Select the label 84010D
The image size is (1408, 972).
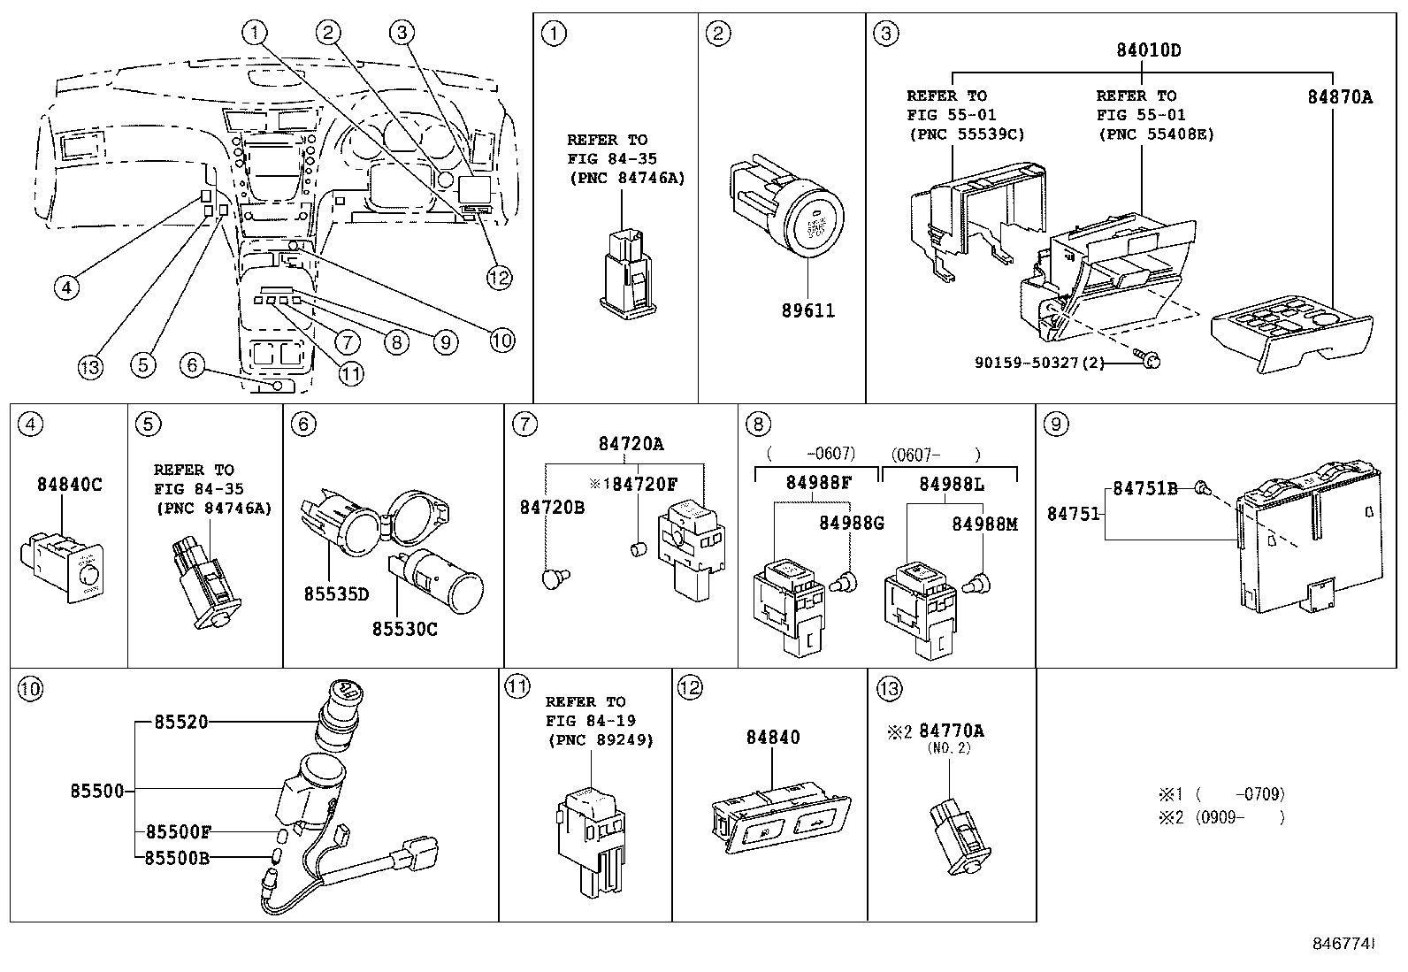pyautogui.click(x=1147, y=50)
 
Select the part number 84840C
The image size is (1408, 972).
pyautogui.click(x=70, y=485)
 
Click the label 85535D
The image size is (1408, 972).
pyautogui.click(x=336, y=594)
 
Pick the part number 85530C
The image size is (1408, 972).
pyautogui.click(x=404, y=629)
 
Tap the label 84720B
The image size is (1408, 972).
pyautogui.click(x=552, y=508)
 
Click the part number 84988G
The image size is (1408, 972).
pyautogui.click(x=851, y=523)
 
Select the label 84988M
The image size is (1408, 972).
pyautogui.click(x=984, y=524)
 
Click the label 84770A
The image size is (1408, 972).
pyautogui.click(x=951, y=731)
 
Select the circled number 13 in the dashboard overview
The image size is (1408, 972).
pyautogui.click(x=90, y=366)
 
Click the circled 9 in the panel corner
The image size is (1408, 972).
pyautogui.click(x=1056, y=425)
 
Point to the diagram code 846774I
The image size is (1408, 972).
pyautogui.click(x=1343, y=943)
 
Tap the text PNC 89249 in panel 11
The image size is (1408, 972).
pyautogui.click(x=600, y=740)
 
